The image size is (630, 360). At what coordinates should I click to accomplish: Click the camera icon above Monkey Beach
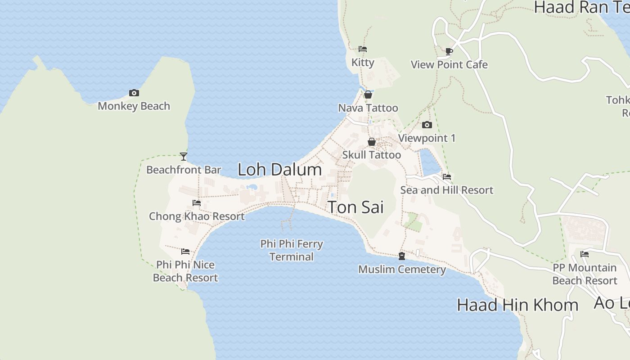pos(134,93)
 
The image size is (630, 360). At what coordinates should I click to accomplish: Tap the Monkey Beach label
pos(134,106)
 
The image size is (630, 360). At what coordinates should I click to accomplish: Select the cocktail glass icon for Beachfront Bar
pos(184,157)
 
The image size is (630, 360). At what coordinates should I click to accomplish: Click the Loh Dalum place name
pos(279,170)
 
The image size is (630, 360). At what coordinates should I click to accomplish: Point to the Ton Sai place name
pos(355,207)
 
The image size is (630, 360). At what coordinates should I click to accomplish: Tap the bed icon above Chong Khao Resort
pos(197,203)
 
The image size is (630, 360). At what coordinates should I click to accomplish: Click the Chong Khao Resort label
pos(197,216)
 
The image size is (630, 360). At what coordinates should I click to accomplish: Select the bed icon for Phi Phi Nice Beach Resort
pos(185,252)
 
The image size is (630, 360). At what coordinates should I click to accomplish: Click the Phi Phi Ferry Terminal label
pos(292,250)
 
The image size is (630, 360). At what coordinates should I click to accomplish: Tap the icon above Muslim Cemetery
pos(402,256)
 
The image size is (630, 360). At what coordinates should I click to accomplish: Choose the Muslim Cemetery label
pos(402,270)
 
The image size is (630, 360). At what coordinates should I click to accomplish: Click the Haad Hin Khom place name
pos(517,305)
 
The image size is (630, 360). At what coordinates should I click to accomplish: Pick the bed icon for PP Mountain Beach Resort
pos(585,254)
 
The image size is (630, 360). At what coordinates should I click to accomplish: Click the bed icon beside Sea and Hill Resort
pos(447,177)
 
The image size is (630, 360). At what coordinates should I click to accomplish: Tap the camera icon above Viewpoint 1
pos(427,125)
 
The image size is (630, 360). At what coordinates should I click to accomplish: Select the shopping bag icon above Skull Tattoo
pos(372,142)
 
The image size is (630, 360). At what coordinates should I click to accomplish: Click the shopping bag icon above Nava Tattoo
pos(368,94)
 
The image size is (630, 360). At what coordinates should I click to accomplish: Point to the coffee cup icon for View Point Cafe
pos(449,51)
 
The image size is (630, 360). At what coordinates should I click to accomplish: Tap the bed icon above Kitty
pos(363,49)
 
